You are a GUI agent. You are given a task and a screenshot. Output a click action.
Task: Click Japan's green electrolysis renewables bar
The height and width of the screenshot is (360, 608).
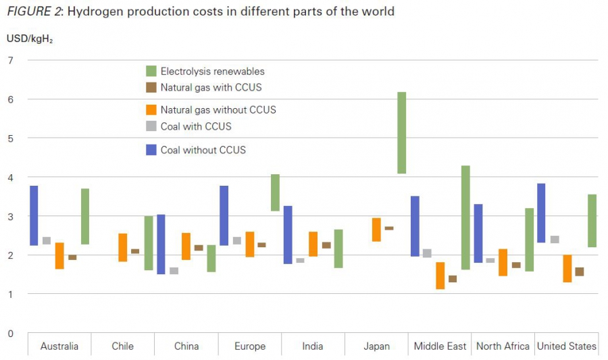tap(401, 132)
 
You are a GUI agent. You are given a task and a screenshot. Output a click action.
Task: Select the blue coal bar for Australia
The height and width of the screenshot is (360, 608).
tap(34, 215)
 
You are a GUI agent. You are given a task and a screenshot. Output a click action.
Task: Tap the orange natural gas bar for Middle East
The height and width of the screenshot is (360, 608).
tap(440, 276)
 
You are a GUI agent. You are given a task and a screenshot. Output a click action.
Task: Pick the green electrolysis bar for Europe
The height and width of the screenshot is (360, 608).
tap(275, 192)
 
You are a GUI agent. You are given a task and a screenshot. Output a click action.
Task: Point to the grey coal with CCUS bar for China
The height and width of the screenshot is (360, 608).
tap(174, 271)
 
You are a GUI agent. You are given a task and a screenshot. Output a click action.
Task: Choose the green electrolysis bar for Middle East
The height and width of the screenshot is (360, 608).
tap(465, 217)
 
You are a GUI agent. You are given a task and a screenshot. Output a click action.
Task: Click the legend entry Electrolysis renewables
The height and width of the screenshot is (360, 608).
tap(212, 71)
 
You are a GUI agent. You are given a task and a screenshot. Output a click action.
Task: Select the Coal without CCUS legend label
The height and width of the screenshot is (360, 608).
tap(203, 150)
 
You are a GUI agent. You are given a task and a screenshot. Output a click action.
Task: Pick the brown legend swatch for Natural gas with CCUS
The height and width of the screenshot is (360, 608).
tap(151, 88)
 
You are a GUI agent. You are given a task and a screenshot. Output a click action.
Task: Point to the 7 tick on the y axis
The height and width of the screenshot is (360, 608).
tap(10, 61)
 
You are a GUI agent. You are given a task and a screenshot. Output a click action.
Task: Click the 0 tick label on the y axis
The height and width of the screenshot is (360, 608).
tap(10, 333)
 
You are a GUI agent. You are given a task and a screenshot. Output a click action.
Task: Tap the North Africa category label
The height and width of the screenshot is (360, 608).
tap(503, 346)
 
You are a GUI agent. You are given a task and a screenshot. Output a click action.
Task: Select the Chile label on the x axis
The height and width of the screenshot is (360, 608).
tap(122, 346)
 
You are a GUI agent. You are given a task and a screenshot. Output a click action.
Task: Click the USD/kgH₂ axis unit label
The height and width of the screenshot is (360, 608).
tap(30, 38)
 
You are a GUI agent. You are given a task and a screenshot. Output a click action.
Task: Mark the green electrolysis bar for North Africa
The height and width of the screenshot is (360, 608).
tap(529, 240)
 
